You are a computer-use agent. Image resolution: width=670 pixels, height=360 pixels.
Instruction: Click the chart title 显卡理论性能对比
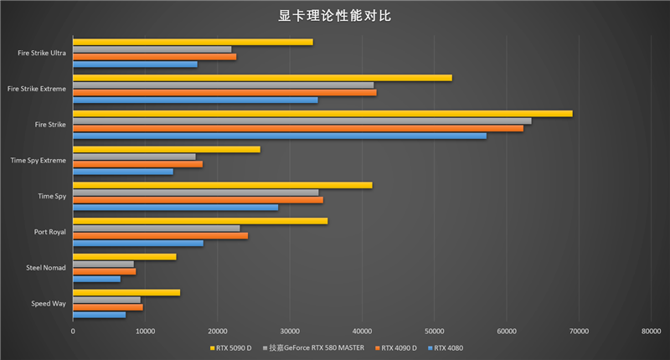coord(335,16)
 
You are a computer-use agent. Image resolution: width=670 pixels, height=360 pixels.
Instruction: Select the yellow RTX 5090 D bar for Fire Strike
coord(322,113)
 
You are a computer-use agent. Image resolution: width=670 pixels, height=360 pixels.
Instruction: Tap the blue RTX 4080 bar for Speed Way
coord(99,315)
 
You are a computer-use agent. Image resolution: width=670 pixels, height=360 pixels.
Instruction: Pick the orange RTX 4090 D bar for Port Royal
coord(160,235)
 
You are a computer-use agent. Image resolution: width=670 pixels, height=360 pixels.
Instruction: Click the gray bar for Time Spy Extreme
coord(134,157)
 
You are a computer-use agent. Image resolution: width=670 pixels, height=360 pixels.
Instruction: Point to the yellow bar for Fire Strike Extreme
coord(262,78)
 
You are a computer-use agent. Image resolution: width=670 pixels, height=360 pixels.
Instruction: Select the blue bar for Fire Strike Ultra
coord(135,64)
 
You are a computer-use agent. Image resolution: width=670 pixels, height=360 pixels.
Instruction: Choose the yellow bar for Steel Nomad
coord(124,256)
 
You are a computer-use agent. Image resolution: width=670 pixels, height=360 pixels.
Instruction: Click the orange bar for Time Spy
coord(198,199)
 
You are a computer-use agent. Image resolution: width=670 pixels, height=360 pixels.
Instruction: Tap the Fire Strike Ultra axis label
coord(42,53)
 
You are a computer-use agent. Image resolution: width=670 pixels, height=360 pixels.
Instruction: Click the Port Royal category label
coord(49,232)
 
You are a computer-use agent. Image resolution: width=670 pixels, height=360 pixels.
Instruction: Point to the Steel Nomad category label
coord(47,268)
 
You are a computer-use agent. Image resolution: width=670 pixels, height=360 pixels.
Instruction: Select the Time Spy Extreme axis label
coord(38,160)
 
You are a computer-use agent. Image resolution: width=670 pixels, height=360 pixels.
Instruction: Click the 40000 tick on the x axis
coord(362,332)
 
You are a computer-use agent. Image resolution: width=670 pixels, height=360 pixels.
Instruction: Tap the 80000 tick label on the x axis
coord(650,332)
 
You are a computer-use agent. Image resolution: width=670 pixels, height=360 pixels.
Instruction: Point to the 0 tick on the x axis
coord(73,332)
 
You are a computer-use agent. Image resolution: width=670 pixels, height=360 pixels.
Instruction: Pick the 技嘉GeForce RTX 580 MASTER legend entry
coord(316,347)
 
